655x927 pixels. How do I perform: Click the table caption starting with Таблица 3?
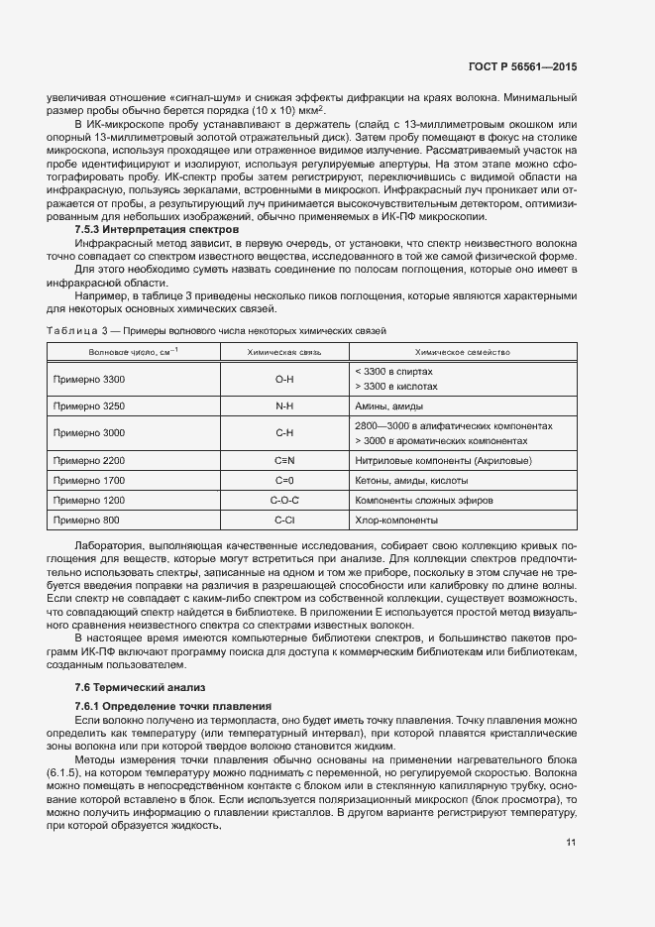tap(216, 329)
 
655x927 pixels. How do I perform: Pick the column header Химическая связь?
tap(285, 351)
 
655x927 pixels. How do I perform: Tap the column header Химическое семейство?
tap(462, 351)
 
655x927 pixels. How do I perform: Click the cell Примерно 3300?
tap(89, 379)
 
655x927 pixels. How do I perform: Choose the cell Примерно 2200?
tap(89, 461)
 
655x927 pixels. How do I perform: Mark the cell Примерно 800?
tap(86, 521)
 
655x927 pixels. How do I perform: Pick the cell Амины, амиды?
tap(388, 406)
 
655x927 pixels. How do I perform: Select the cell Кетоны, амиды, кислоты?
tap(405, 481)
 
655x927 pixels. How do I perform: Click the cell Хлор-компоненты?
tap(395, 521)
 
